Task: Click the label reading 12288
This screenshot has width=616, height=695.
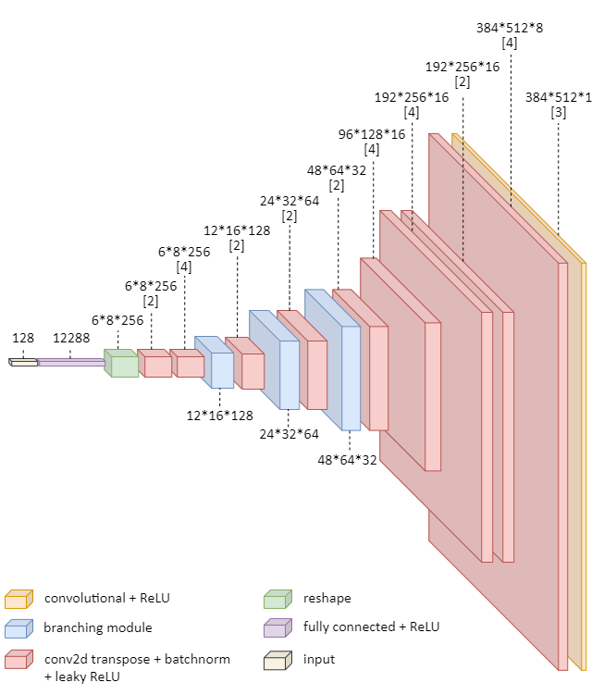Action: point(70,339)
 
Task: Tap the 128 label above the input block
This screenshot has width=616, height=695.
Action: point(23,339)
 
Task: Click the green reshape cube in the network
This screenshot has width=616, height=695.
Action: point(120,363)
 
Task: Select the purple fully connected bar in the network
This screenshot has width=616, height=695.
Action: point(70,362)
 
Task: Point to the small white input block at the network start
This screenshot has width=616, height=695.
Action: point(23,362)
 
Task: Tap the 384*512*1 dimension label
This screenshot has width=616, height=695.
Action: point(559,97)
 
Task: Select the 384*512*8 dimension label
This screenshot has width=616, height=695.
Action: point(510,28)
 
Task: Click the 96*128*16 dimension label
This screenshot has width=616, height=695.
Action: point(372,134)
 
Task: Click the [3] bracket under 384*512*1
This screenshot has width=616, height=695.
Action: point(559,113)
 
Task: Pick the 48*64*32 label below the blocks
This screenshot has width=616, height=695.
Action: point(348,460)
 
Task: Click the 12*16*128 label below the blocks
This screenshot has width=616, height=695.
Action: point(220,416)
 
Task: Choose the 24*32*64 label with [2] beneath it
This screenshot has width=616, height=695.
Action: point(289,200)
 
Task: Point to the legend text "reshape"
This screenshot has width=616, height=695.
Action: point(327,598)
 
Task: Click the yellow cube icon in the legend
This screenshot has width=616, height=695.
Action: point(18,598)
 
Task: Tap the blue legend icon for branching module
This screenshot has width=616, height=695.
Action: point(18,628)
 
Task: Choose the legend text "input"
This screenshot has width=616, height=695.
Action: point(319,659)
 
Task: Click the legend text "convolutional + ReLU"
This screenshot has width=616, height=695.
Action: point(107,598)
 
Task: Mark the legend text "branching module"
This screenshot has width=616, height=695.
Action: point(98,628)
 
